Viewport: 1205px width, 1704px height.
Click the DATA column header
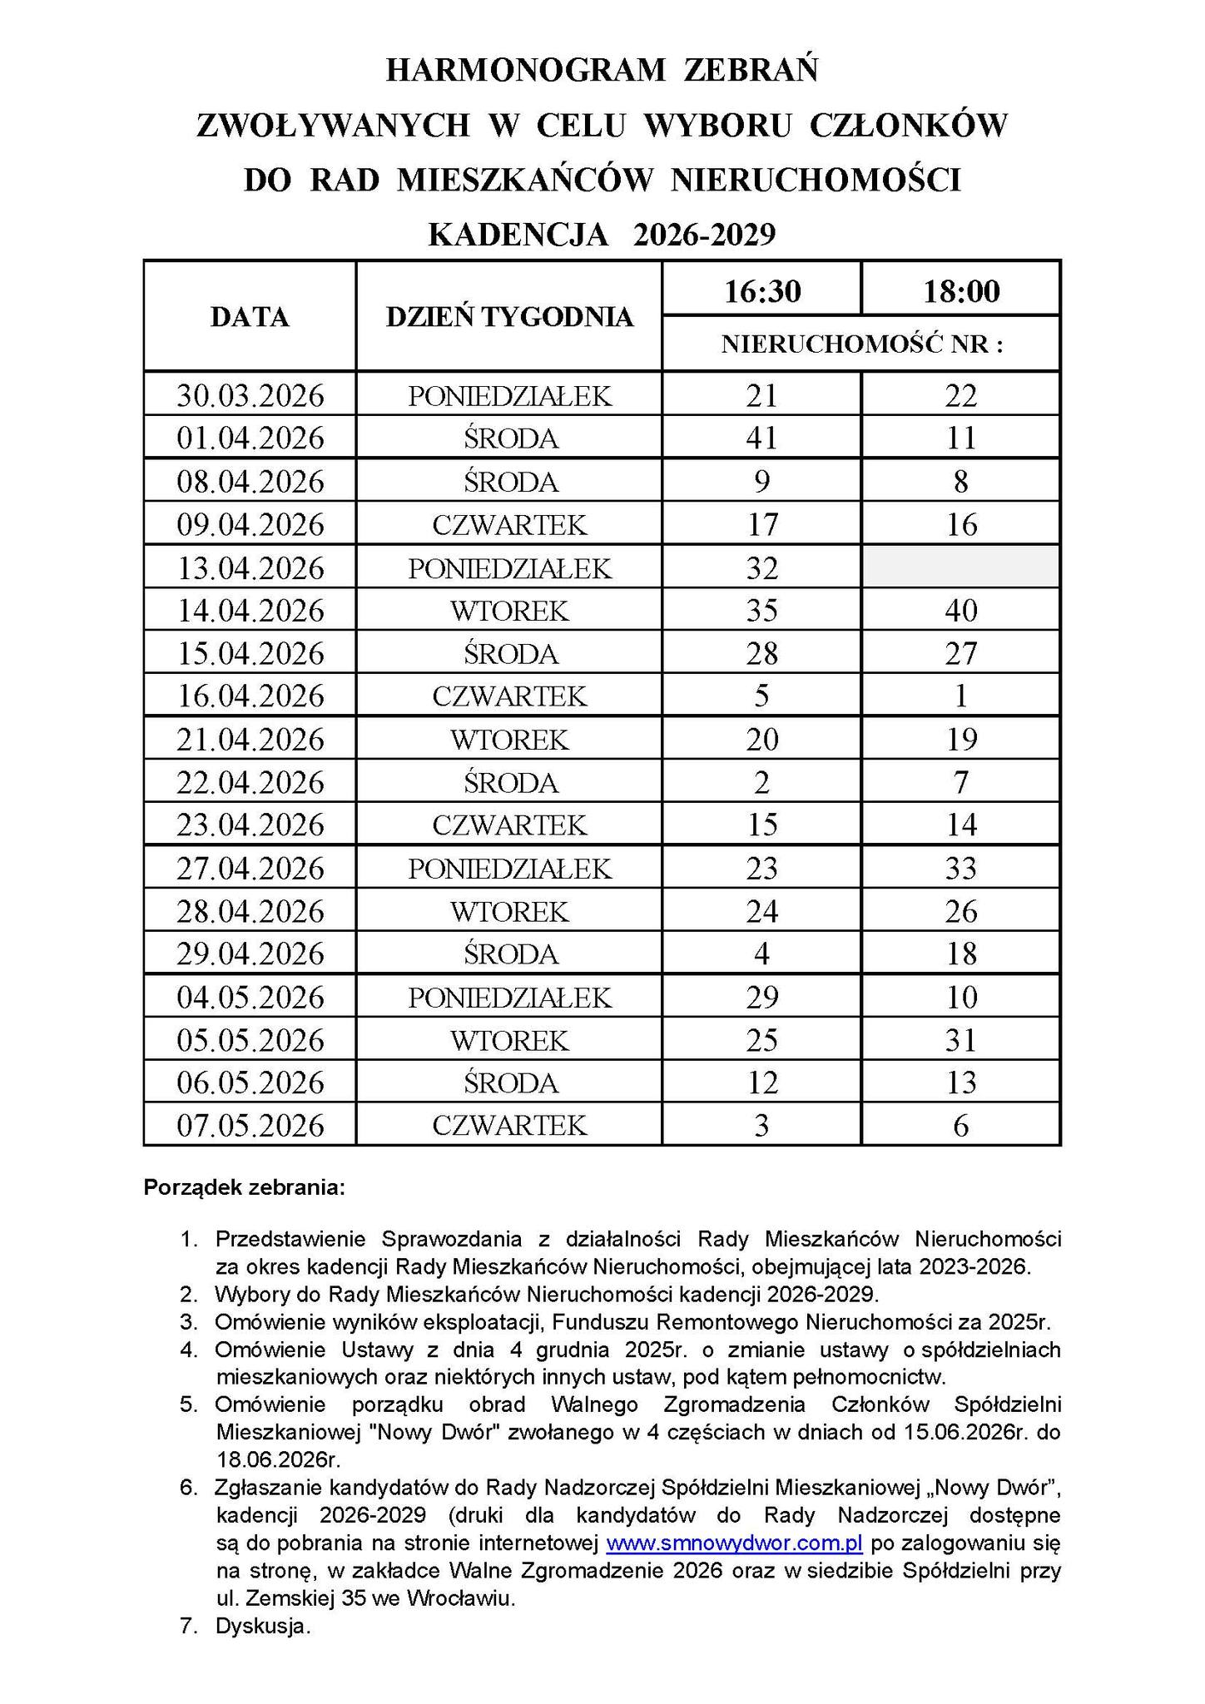point(250,317)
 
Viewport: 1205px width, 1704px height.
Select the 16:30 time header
point(761,291)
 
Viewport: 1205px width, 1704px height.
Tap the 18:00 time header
point(960,291)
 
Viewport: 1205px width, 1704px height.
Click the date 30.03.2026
point(250,395)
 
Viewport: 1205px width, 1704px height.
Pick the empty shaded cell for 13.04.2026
point(960,567)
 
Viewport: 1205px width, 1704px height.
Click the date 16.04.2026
point(250,696)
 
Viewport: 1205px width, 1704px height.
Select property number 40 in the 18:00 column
point(960,611)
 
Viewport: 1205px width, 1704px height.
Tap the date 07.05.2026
point(250,1126)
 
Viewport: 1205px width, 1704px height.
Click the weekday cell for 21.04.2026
point(509,740)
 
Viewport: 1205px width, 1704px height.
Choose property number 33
point(960,869)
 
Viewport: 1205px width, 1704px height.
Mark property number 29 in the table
point(761,997)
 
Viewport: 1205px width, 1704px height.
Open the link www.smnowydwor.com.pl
point(734,1544)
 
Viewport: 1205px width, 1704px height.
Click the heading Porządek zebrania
point(244,1187)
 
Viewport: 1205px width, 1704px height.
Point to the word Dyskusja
point(262,1627)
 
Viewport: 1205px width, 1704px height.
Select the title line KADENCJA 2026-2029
point(602,235)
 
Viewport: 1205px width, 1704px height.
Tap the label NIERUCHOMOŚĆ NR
point(861,344)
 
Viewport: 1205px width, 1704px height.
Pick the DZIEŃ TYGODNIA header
point(509,317)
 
